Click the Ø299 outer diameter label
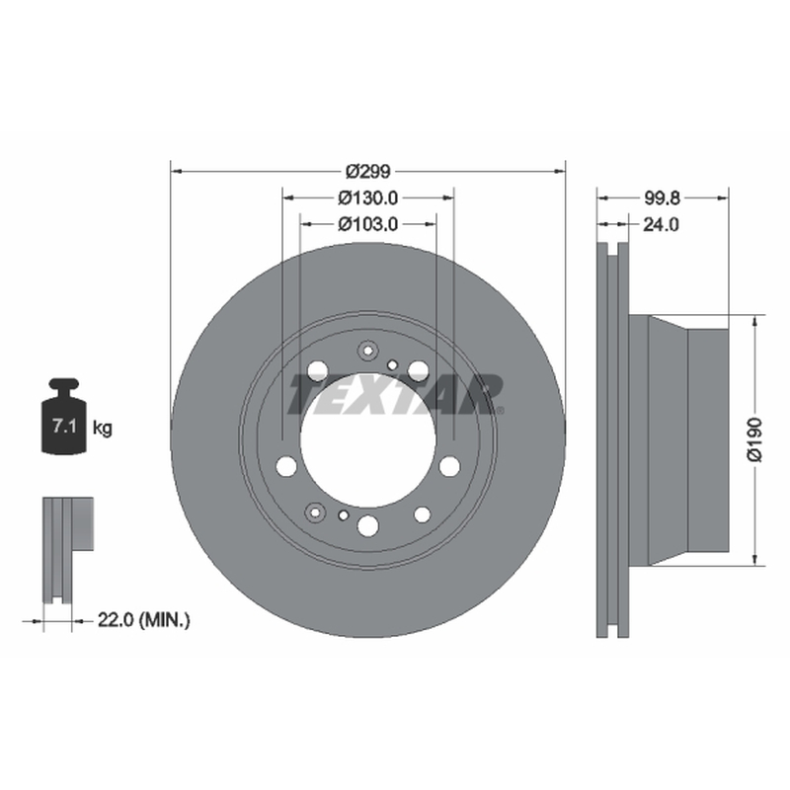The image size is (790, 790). pyautogui.click(x=367, y=172)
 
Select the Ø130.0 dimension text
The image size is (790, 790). pyautogui.click(x=367, y=198)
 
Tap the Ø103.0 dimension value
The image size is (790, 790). pyautogui.click(x=367, y=224)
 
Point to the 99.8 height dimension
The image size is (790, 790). pyautogui.click(x=662, y=198)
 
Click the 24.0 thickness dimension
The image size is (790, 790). pyautogui.click(x=661, y=224)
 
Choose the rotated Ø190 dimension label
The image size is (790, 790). pyautogui.click(x=754, y=439)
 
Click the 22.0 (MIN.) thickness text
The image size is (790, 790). pyautogui.click(x=143, y=620)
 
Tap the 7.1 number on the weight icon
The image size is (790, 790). pyautogui.click(x=64, y=427)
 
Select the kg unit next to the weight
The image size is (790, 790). pyautogui.click(x=103, y=429)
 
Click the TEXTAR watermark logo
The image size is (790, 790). pyautogui.click(x=396, y=394)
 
